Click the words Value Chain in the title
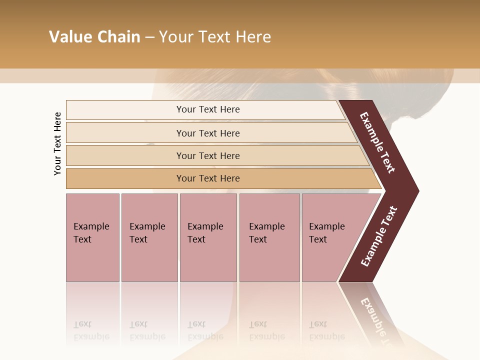pos(94,37)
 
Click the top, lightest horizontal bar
pos(125,110)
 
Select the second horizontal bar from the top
pos(125,133)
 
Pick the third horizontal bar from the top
pos(125,155)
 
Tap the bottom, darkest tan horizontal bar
pos(125,178)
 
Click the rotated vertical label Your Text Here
pos(58,144)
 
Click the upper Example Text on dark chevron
pos(377,142)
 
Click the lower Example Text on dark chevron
pos(378,236)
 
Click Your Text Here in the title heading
pos(215,37)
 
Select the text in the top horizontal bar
pos(208,109)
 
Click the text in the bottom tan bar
pos(208,178)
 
